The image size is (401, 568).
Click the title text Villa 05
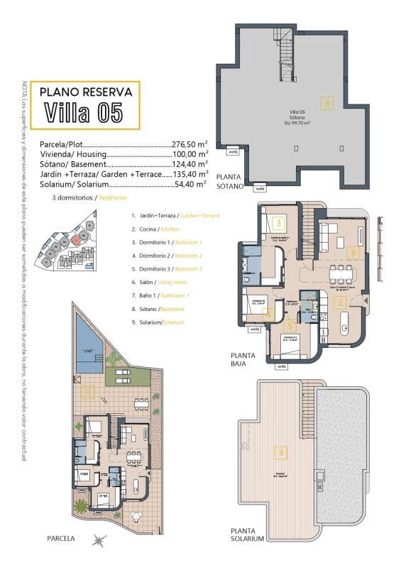pyautogui.click(x=83, y=112)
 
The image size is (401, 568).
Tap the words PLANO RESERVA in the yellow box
pyautogui.click(x=85, y=91)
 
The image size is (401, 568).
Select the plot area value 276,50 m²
pyautogui.click(x=189, y=143)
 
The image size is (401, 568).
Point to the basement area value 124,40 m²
pyautogui.click(x=189, y=163)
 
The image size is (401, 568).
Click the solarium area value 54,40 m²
pyautogui.click(x=190, y=183)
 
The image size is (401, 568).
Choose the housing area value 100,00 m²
pyautogui.click(x=189, y=153)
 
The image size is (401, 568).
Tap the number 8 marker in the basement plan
pyautogui.click(x=326, y=104)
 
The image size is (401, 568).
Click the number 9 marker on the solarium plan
pyautogui.click(x=282, y=451)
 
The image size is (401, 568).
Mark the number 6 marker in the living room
pyautogui.click(x=353, y=251)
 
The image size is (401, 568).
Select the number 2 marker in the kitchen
pyautogui.click(x=340, y=302)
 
